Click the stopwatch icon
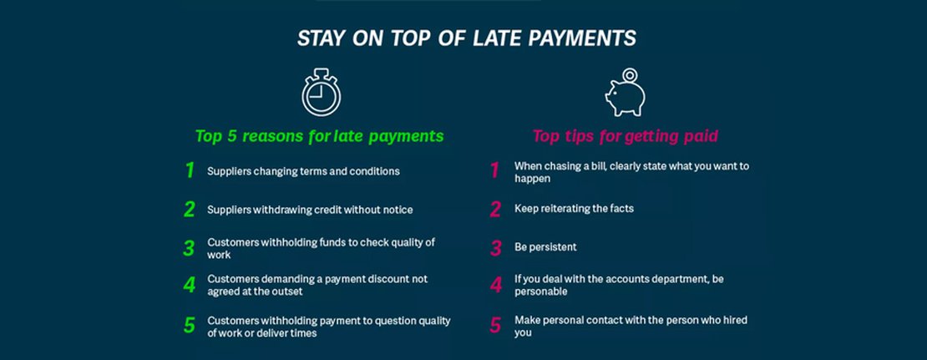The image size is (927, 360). pyautogui.click(x=321, y=94)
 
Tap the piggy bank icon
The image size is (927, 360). pyautogui.click(x=624, y=97)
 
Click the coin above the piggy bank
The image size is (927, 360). pyautogui.click(x=630, y=75)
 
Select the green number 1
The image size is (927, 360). pyautogui.click(x=190, y=170)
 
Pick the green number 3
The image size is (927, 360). pyautogui.click(x=189, y=248)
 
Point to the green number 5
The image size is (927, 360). pyautogui.click(x=190, y=325)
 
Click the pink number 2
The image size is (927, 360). pyautogui.click(x=495, y=209)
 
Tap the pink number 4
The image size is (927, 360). pyautogui.click(x=495, y=286)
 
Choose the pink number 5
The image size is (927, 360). pyautogui.click(x=495, y=325)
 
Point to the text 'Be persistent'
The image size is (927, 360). pyautogui.click(x=545, y=247)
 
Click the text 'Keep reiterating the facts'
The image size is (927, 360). pyautogui.click(x=574, y=208)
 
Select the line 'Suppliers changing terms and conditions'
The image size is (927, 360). pyautogui.click(x=303, y=171)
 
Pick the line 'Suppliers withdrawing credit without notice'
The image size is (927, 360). pyautogui.click(x=310, y=210)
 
